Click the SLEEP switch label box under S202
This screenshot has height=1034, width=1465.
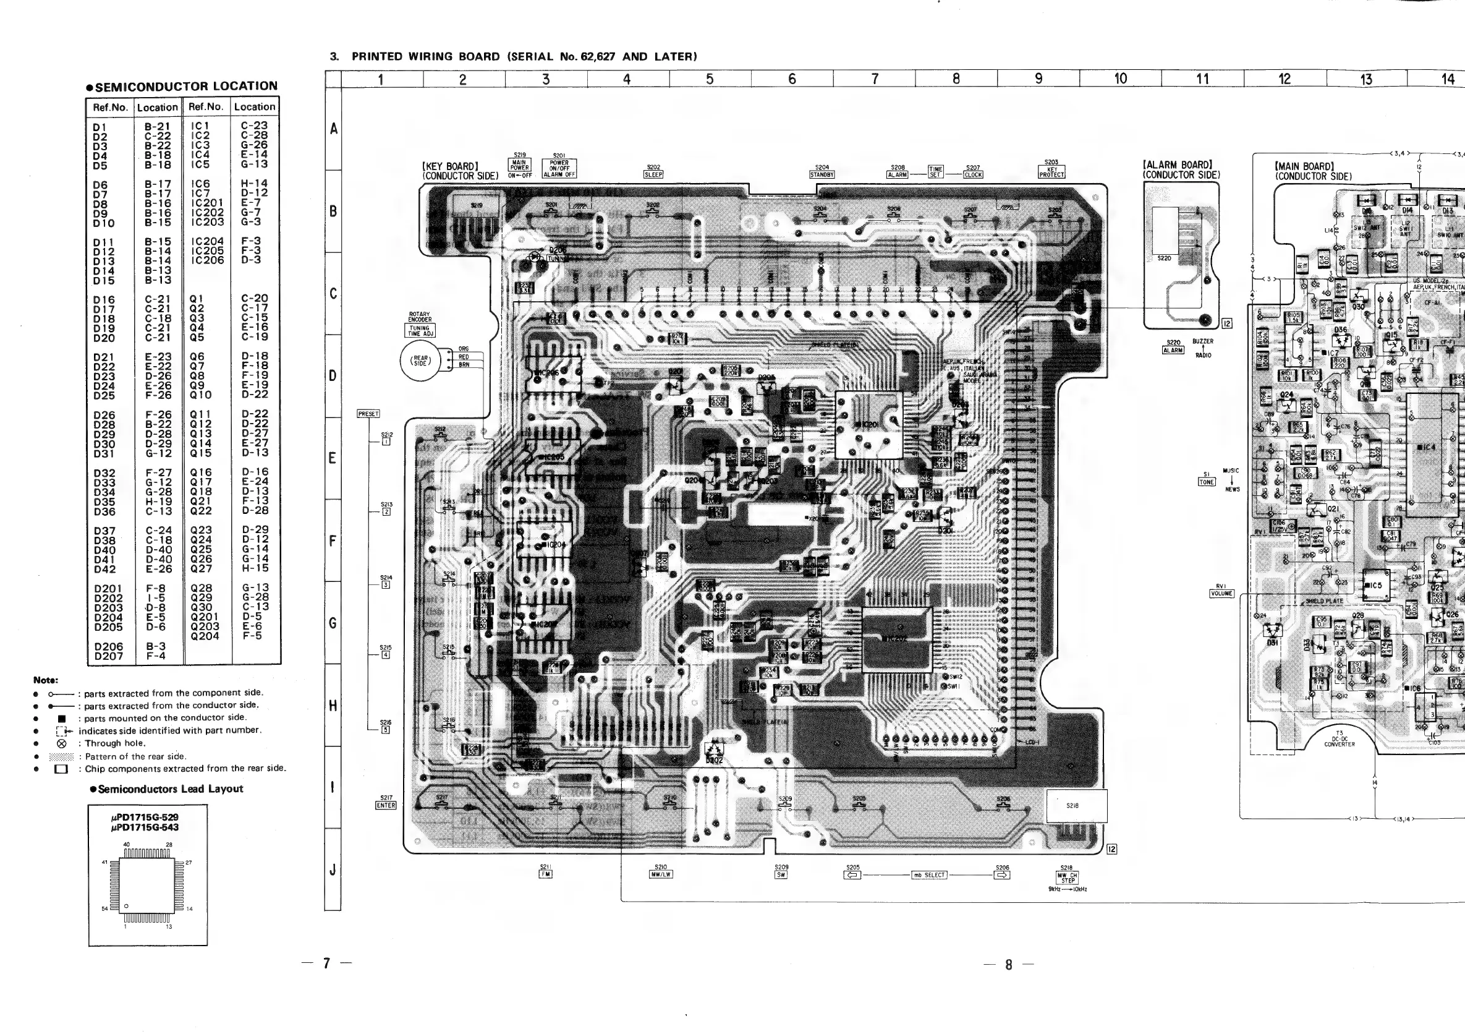click(653, 175)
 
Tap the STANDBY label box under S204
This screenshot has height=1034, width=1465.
click(822, 175)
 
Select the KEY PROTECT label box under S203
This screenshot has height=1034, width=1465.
click(1051, 173)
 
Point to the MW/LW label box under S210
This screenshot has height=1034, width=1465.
click(661, 874)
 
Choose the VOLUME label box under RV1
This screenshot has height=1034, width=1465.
click(1222, 594)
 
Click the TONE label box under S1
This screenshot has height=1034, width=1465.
click(1207, 482)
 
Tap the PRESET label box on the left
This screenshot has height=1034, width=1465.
click(368, 414)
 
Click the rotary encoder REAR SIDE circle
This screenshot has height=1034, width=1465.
click(420, 361)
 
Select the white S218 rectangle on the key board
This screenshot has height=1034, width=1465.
click(1076, 806)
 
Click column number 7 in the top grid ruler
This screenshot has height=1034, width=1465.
click(874, 79)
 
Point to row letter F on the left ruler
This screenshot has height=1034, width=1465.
click(333, 540)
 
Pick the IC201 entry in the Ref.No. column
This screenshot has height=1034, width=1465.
click(207, 203)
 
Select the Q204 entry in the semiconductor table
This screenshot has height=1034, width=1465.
click(205, 636)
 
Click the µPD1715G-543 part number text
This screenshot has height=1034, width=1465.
click(145, 828)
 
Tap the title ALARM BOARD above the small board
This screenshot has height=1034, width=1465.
click(1177, 165)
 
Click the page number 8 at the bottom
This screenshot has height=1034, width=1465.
click(1009, 965)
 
